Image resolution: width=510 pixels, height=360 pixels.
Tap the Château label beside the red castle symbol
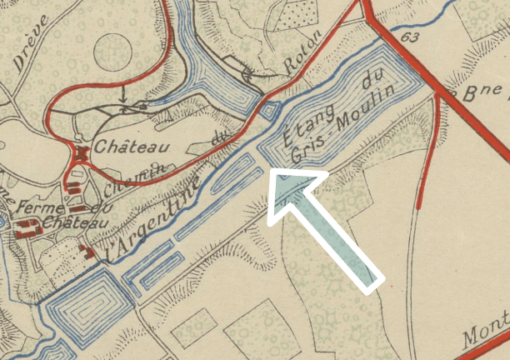(131, 147)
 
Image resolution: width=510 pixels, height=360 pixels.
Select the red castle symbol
(82, 155)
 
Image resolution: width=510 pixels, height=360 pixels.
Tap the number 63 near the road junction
(409, 37)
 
